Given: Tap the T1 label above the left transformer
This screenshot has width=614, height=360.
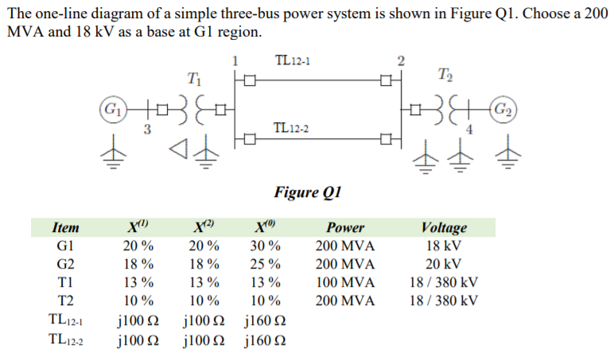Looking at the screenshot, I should point(192,79).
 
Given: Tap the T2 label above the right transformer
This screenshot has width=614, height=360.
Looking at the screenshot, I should point(444,77).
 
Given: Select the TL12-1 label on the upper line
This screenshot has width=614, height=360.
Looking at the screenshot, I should point(293,60).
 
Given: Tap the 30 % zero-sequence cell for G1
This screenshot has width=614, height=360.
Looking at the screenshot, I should point(263,245).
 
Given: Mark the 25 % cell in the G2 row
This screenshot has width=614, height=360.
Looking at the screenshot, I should point(263,263).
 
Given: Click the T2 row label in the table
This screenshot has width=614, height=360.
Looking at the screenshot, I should point(65,300).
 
